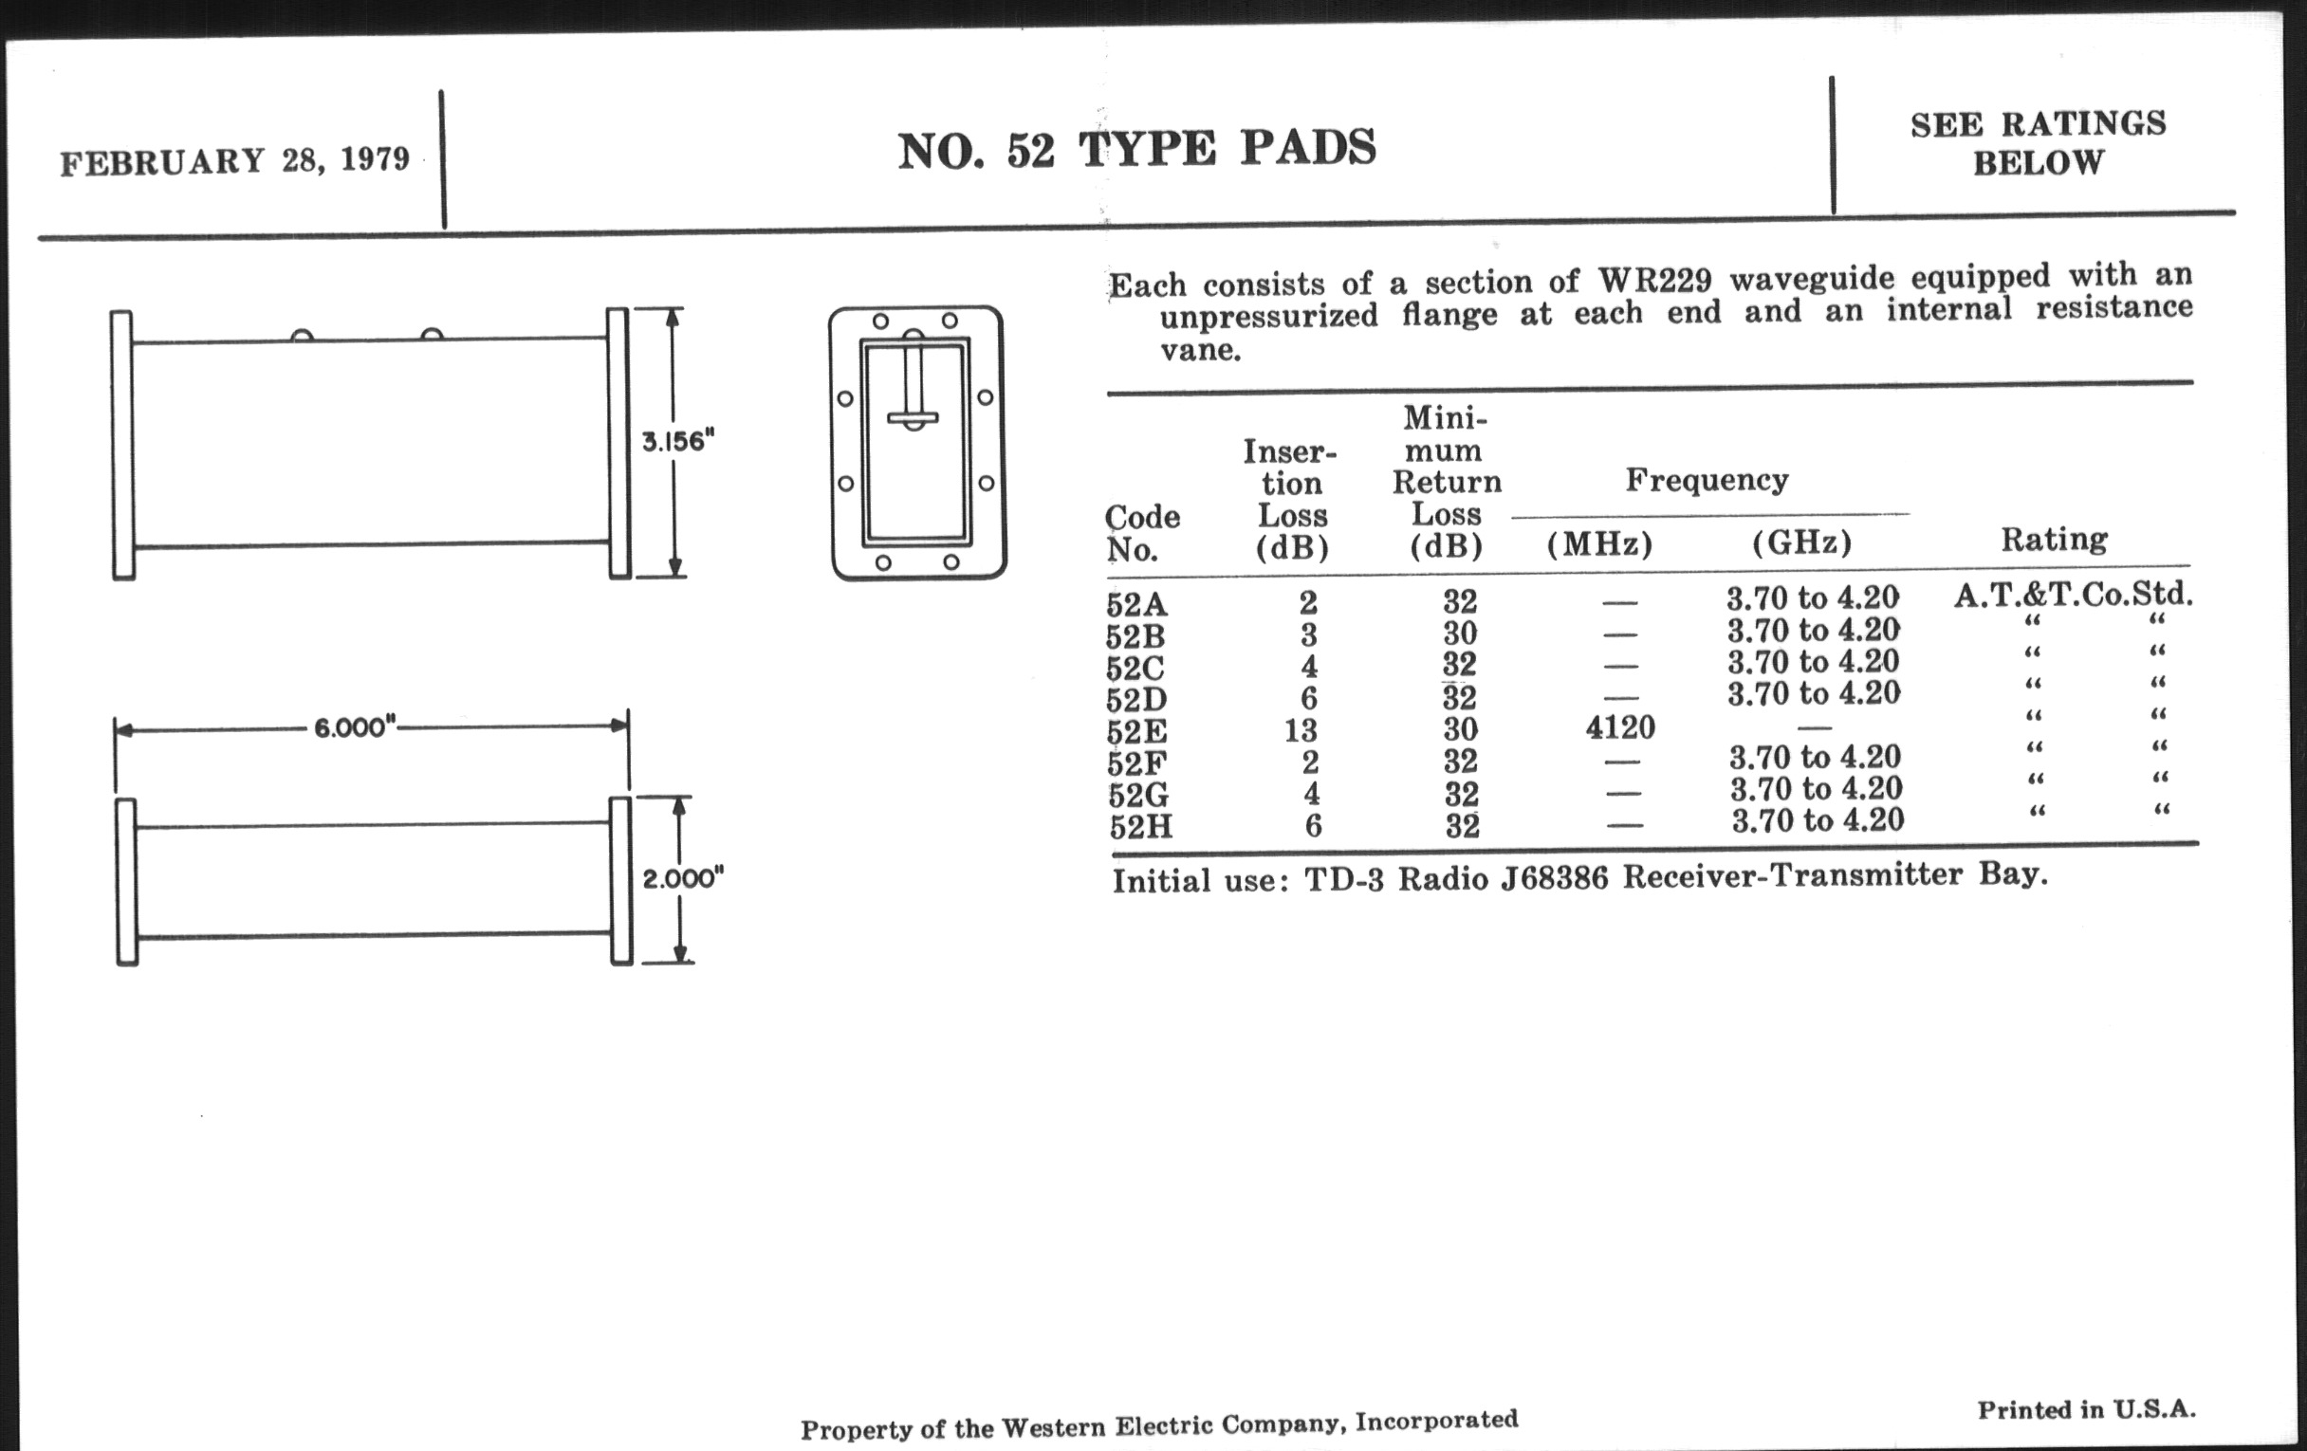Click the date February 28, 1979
tap(234, 161)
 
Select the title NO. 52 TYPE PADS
tap(1136, 150)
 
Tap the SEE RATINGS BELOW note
tap(2038, 143)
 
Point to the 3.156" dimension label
tap(678, 442)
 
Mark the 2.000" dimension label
tap(682, 878)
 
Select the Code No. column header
tap(1141, 533)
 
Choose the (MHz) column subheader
tap(1599, 544)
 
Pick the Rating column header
tap(2054, 540)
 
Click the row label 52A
tap(1136, 604)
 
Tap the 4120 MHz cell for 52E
tap(1620, 728)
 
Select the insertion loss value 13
tap(1301, 731)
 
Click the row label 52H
tap(1141, 827)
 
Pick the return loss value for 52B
tap(1460, 634)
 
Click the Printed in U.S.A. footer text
tap(2086, 1410)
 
